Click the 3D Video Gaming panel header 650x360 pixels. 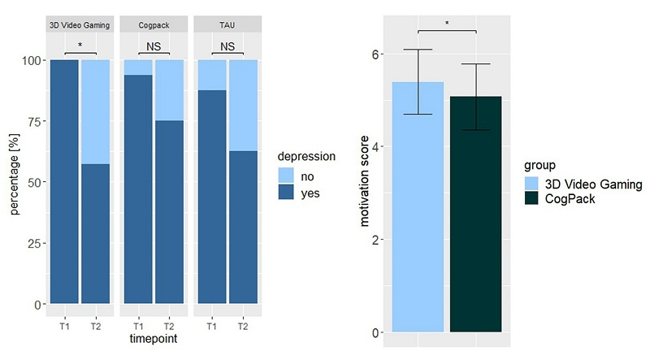pos(80,26)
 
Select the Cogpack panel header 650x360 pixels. pos(154,26)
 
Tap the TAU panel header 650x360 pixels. pos(227,26)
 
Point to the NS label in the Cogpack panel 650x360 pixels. pos(154,47)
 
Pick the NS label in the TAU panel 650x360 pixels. pos(227,47)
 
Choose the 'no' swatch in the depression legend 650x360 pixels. pos(287,176)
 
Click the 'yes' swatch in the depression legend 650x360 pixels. pos(287,194)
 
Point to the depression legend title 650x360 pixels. pos(307,156)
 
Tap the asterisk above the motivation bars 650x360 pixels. pos(447,24)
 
